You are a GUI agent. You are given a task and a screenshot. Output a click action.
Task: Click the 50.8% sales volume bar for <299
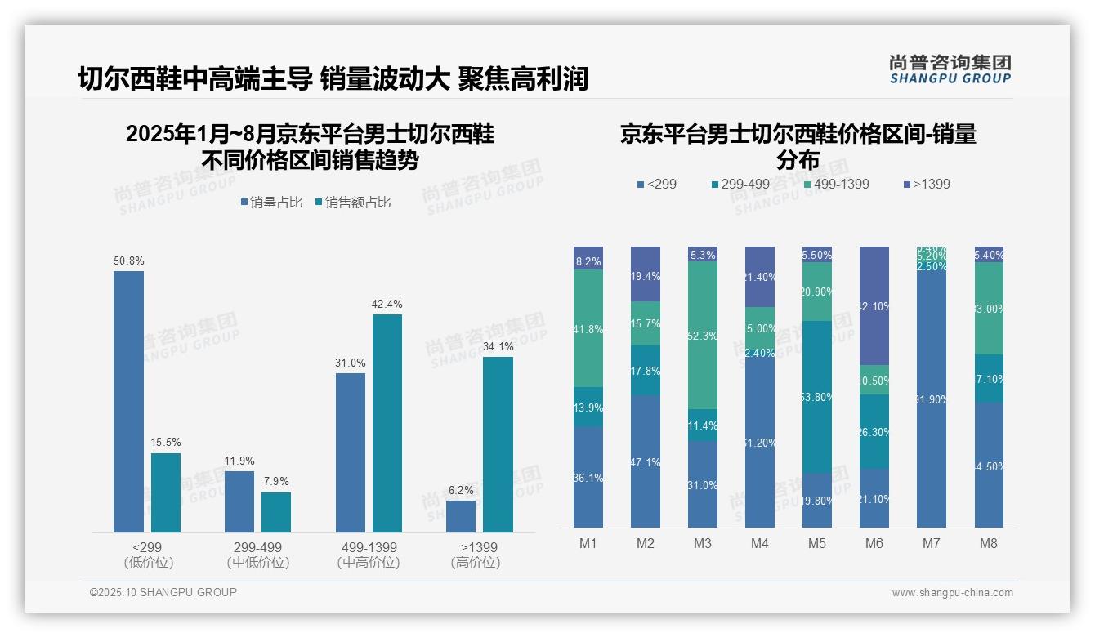pyautogui.click(x=128, y=401)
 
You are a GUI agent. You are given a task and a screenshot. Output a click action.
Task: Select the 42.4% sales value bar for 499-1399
pyautogui.click(x=387, y=423)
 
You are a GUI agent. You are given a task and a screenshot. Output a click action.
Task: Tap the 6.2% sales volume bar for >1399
pyautogui.click(x=461, y=516)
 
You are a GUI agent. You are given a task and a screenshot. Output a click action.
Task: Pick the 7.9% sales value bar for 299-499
pyautogui.click(x=276, y=512)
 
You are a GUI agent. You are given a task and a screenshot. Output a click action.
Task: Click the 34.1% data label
pyautogui.click(x=498, y=346)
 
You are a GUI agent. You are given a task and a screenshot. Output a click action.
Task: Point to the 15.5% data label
pyautogui.click(x=166, y=443)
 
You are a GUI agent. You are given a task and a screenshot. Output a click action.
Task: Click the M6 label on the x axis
pyautogui.click(x=874, y=543)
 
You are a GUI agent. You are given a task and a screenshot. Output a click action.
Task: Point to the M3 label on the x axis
pyautogui.click(x=703, y=543)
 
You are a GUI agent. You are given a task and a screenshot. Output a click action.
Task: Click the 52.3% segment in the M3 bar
pyautogui.click(x=703, y=336)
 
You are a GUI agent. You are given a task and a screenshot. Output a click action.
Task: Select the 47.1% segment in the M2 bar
pyautogui.click(x=646, y=461)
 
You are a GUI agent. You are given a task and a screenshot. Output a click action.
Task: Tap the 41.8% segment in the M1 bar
pyautogui.click(x=588, y=328)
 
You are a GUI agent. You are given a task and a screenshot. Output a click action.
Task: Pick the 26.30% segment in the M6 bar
pyautogui.click(x=874, y=431)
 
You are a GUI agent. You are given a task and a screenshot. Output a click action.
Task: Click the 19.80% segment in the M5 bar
pyautogui.click(x=817, y=501)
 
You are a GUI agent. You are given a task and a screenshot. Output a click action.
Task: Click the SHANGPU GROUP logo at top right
pyautogui.click(x=950, y=69)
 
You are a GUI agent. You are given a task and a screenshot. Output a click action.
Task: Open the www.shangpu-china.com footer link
pyautogui.click(x=952, y=593)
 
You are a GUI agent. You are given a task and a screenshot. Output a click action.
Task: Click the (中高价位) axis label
pyautogui.click(x=369, y=563)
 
